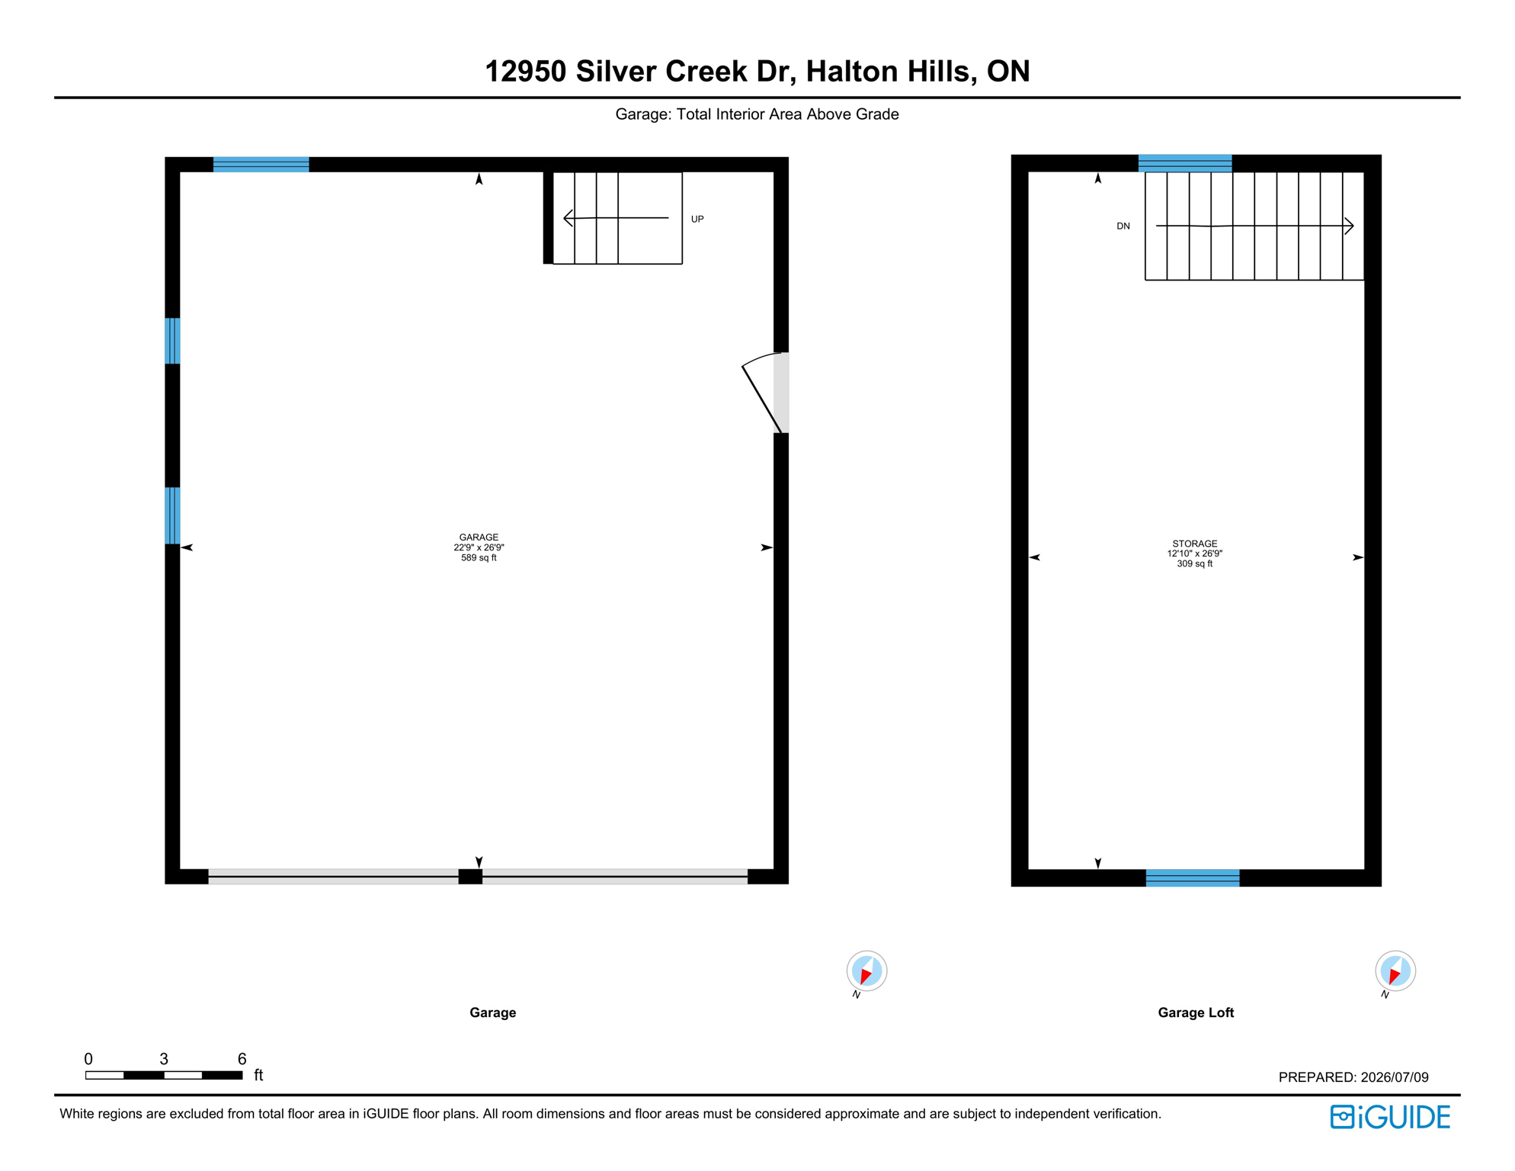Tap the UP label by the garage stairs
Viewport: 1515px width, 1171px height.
pos(697,220)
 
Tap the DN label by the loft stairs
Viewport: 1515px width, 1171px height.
pos(1123,226)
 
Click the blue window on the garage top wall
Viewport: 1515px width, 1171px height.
pos(261,165)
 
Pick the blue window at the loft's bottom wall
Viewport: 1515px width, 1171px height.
pos(1193,877)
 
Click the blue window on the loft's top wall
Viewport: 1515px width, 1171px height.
pos(1185,163)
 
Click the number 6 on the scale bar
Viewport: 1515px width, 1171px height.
pos(242,1059)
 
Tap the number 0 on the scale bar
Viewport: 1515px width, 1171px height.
pos(88,1059)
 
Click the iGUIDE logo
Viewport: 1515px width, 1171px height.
pos(1390,1117)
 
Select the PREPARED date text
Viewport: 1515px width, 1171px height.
pos(1353,1077)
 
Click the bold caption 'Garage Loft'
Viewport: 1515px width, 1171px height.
pos(1196,1012)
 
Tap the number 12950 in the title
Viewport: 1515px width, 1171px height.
pos(526,72)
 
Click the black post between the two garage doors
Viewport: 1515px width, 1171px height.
pos(470,877)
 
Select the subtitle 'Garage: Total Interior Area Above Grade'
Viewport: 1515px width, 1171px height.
pos(757,114)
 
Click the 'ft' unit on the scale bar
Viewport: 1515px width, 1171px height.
pos(258,1075)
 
